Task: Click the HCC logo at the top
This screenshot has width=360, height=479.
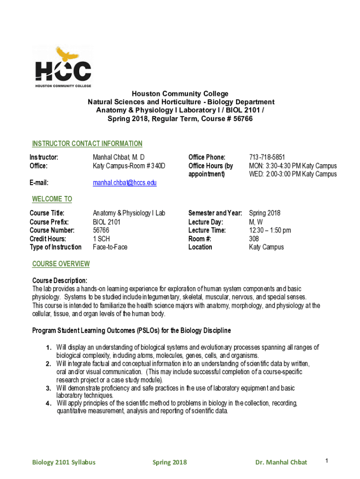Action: point(64,67)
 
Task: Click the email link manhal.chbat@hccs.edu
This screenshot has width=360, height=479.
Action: point(124,183)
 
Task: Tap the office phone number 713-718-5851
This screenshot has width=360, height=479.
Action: point(267,157)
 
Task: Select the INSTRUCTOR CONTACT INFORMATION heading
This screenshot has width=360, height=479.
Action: point(87,144)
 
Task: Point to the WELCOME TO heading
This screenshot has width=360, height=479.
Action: point(52,199)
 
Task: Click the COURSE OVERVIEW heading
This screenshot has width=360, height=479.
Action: point(61,264)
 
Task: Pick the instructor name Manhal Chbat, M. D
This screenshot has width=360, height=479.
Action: point(119,157)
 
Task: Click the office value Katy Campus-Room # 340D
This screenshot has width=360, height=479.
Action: point(129,166)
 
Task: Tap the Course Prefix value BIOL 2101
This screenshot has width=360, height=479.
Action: point(107,222)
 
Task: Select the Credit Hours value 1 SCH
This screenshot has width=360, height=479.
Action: point(101,239)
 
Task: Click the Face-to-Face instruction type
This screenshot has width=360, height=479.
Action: point(110,247)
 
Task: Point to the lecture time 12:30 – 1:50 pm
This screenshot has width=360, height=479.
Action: point(270,230)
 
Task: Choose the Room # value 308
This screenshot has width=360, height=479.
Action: point(254,239)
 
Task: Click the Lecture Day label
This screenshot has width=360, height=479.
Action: point(205,222)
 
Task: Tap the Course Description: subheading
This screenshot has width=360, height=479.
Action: point(59,280)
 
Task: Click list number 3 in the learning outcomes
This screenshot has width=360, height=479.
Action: point(49,388)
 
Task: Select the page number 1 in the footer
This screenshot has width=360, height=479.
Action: point(327,461)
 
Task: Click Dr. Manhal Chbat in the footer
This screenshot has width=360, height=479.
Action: point(281,462)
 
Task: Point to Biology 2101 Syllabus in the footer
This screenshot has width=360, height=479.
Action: point(64,462)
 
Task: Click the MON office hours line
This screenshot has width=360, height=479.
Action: point(293,166)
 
